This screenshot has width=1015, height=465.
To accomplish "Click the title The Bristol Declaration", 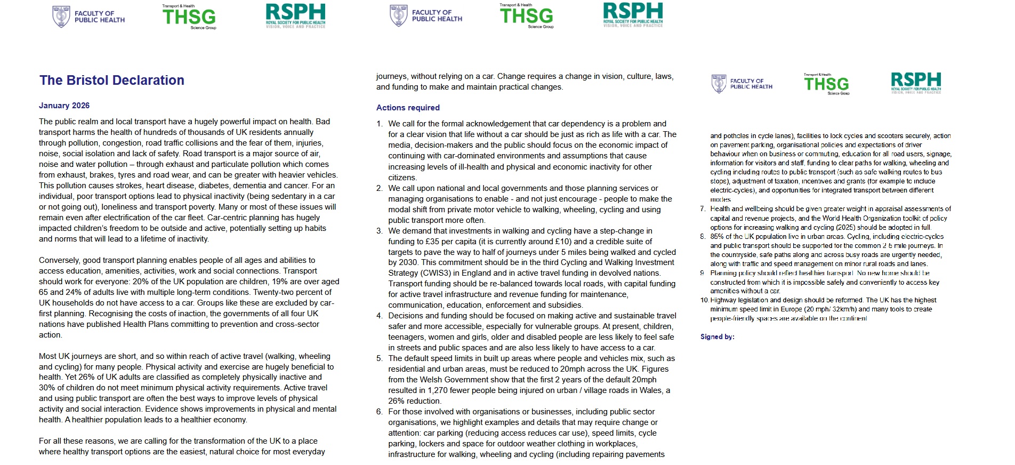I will point(111,81).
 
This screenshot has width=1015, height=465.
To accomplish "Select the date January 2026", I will point(64,106).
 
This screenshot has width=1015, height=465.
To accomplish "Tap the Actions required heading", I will point(408,108).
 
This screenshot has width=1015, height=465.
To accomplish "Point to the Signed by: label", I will point(717,337).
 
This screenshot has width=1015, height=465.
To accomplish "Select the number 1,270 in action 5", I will point(440,390).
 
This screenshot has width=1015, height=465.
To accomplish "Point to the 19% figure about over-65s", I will point(280,282).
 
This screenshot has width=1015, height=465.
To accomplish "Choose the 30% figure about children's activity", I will point(47,388).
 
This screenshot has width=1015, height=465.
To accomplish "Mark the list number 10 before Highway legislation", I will point(704,300).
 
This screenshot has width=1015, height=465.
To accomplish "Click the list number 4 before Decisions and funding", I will point(380,316).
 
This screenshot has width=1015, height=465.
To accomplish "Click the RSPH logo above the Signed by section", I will point(915,83).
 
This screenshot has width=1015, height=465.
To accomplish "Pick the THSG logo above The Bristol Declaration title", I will point(189,17).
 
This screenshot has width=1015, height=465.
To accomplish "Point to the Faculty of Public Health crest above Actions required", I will point(398,15).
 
